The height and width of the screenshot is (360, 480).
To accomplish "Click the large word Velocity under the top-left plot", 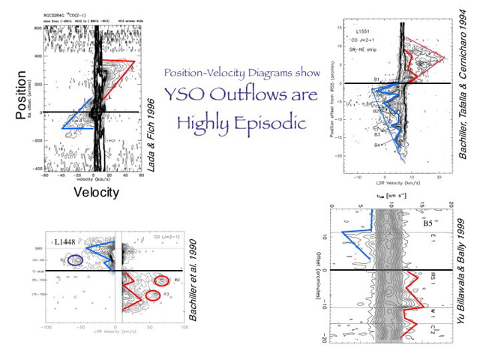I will coord(96,192).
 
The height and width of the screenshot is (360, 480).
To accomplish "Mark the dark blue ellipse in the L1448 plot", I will coord(75,260).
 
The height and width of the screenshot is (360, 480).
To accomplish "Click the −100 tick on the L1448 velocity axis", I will coord(46,328).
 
